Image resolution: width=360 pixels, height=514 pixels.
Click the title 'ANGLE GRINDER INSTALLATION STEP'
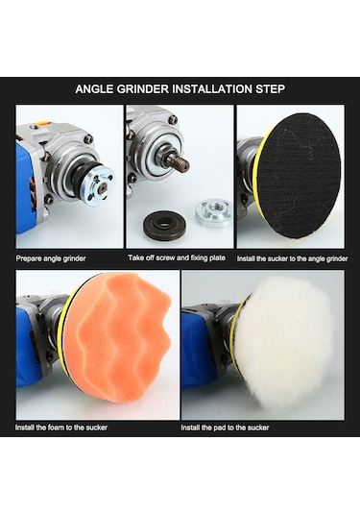point(180,88)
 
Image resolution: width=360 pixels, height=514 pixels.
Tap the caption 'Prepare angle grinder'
point(51,258)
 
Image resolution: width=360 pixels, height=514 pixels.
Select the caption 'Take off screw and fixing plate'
point(177,258)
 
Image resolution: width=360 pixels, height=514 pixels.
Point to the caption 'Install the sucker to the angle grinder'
point(292,258)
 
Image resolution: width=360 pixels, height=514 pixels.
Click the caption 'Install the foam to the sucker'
point(61,428)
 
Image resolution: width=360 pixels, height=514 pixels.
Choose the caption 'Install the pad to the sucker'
point(225,428)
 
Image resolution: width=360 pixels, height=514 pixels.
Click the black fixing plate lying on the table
point(162,226)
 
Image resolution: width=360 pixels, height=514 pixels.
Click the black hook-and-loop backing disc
point(299,176)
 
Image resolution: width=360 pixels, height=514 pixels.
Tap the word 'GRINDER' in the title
point(142,88)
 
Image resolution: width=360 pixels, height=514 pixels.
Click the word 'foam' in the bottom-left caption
point(56,428)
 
